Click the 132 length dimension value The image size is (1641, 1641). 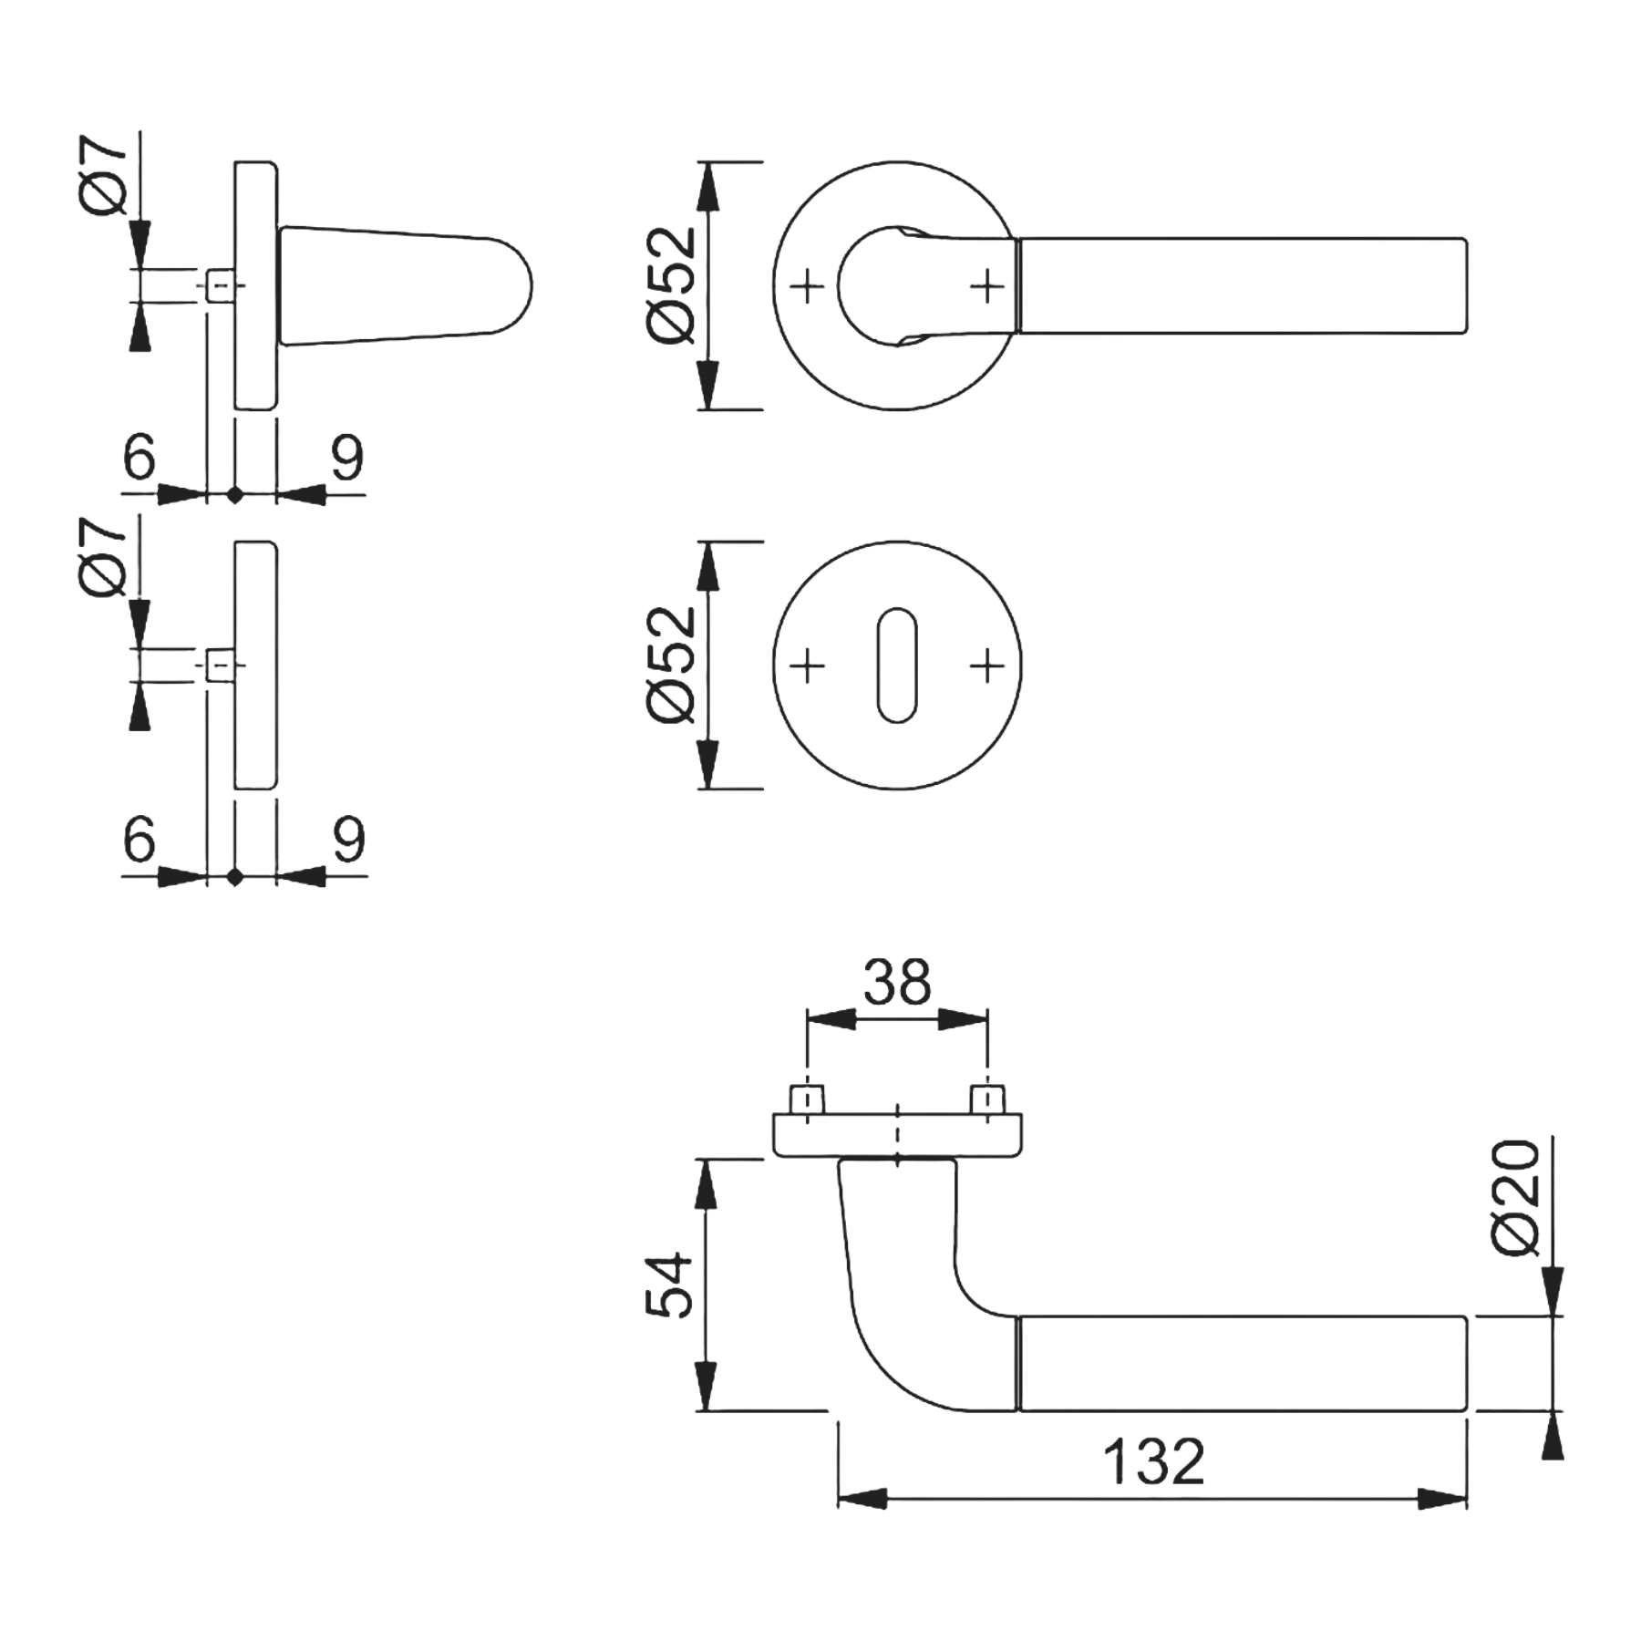[1153, 1462]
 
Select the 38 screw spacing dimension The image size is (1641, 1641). [897, 982]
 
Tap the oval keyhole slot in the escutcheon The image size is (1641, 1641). [897, 666]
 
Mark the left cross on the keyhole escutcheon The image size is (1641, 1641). [807, 666]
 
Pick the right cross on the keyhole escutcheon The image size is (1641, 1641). [987, 666]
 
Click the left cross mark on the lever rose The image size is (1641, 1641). [807, 287]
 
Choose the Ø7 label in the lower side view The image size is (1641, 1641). [107, 558]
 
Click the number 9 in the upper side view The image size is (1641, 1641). [347, 458]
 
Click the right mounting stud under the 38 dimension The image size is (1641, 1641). [988, 1099]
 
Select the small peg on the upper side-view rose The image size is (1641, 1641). [220, 285]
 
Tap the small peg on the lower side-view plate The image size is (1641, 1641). [220, 665]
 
